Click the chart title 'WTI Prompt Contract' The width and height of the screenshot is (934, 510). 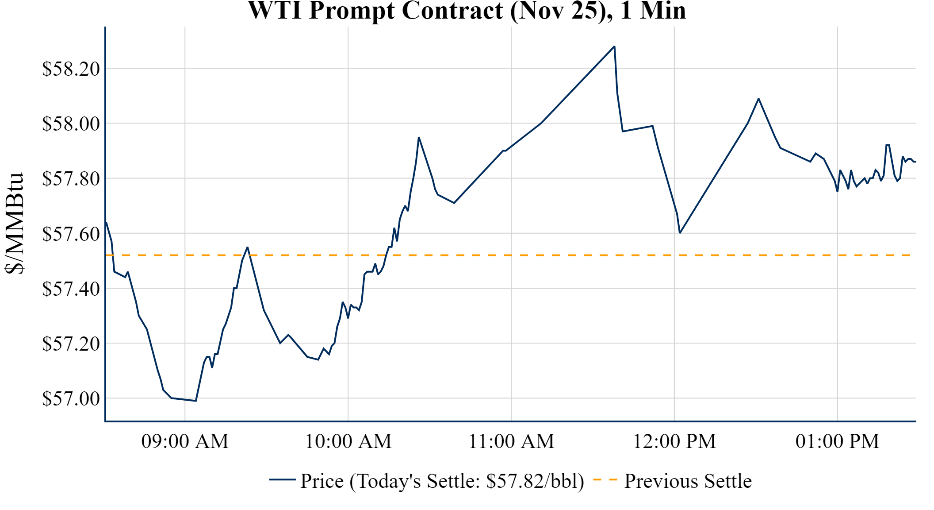(467, 11)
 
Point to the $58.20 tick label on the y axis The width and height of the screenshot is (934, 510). (71, 69)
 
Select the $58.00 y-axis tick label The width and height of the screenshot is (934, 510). (71, 124)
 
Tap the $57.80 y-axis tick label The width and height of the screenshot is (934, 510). (71, 178)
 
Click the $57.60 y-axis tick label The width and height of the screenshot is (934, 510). (71, 233)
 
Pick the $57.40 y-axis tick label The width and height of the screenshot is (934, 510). (71, 289)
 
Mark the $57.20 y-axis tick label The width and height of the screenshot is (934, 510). (71, 344)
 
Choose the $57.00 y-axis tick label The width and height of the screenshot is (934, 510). (71, 398)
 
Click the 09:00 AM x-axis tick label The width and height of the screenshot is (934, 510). (185, 441)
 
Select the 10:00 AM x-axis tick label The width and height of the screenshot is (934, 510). (348, 441)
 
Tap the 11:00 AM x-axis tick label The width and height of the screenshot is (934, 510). (511, 441)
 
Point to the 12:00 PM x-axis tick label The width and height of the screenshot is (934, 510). (674, 441)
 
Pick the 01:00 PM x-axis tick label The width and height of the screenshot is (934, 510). (837, 441)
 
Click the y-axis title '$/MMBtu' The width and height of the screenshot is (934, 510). (14, 224)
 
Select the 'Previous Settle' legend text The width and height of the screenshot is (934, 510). (688, 481)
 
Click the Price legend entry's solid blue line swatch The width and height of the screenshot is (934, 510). (282, 479)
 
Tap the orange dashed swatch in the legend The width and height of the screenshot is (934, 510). (605, 479)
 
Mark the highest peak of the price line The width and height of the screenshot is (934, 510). (614, 46)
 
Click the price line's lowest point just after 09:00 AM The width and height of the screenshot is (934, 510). (195, 401)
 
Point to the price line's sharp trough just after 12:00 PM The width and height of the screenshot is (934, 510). (680, 232)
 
